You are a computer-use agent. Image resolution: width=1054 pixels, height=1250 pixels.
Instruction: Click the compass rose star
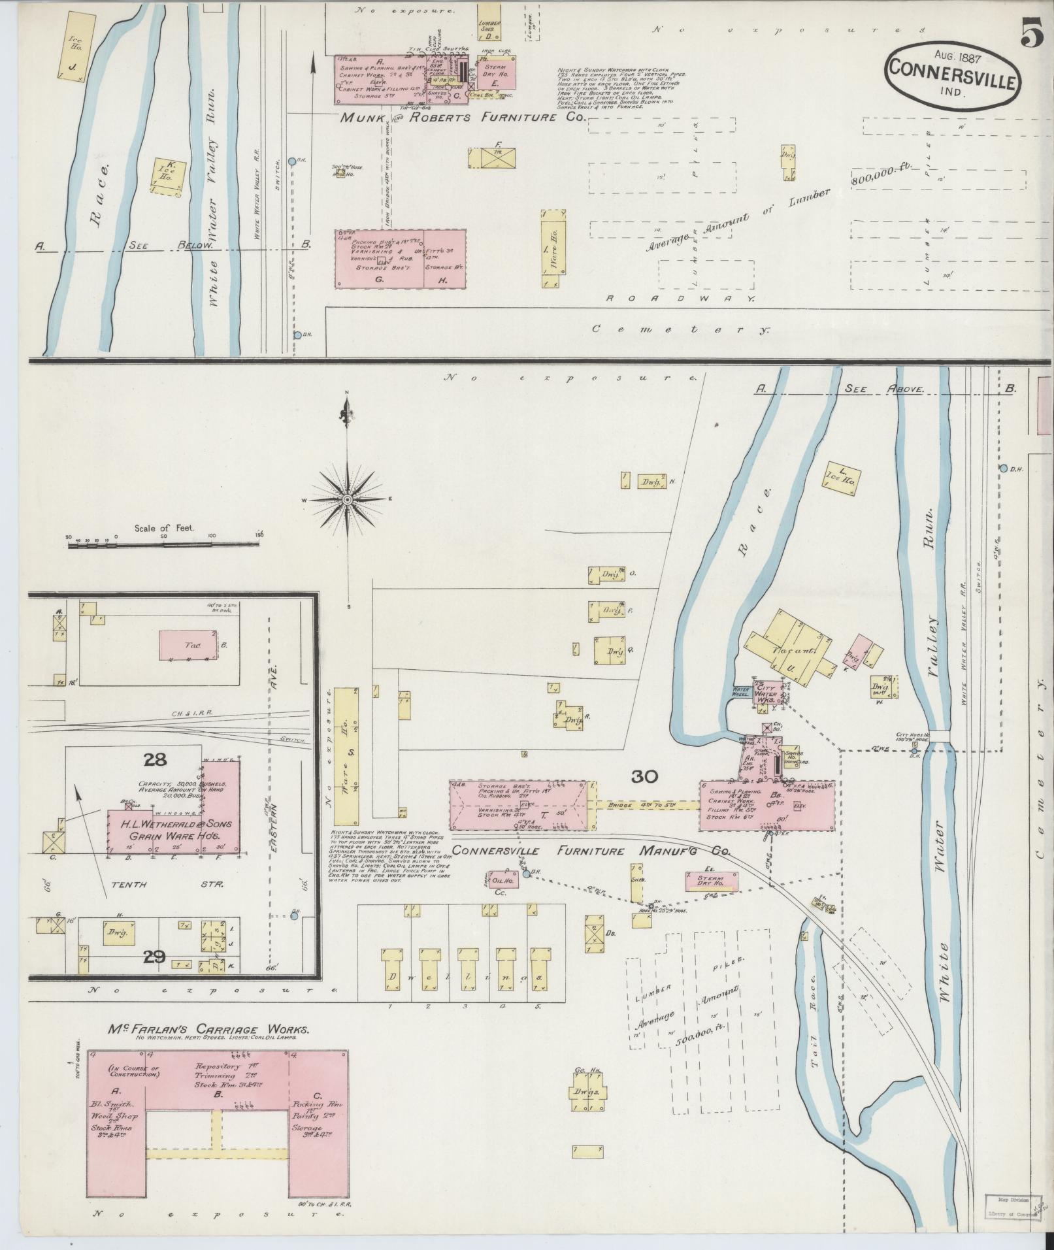[x=348, y=499]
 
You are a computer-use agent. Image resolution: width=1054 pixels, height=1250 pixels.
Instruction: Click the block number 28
[x=156, y=760]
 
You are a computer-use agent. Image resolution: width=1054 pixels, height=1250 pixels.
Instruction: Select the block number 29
[x=155, y=957]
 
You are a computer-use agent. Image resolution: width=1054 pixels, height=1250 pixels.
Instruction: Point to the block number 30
[x=645, y=777]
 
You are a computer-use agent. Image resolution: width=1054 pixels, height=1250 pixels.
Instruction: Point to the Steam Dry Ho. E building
[x=499, y=76]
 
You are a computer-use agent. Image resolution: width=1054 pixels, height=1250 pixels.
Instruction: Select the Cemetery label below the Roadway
[x=680, y=330]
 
